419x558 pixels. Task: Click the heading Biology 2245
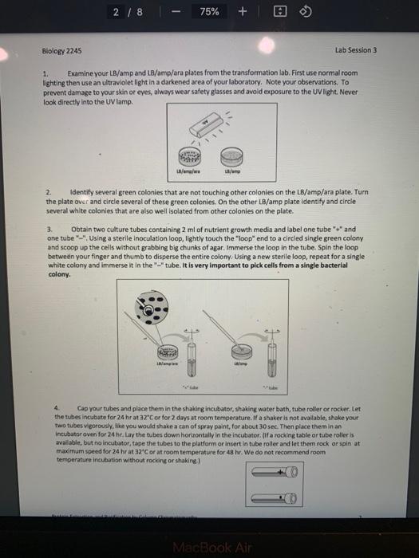tap(61, 50)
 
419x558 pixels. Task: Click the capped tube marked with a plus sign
tap(275, 474)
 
